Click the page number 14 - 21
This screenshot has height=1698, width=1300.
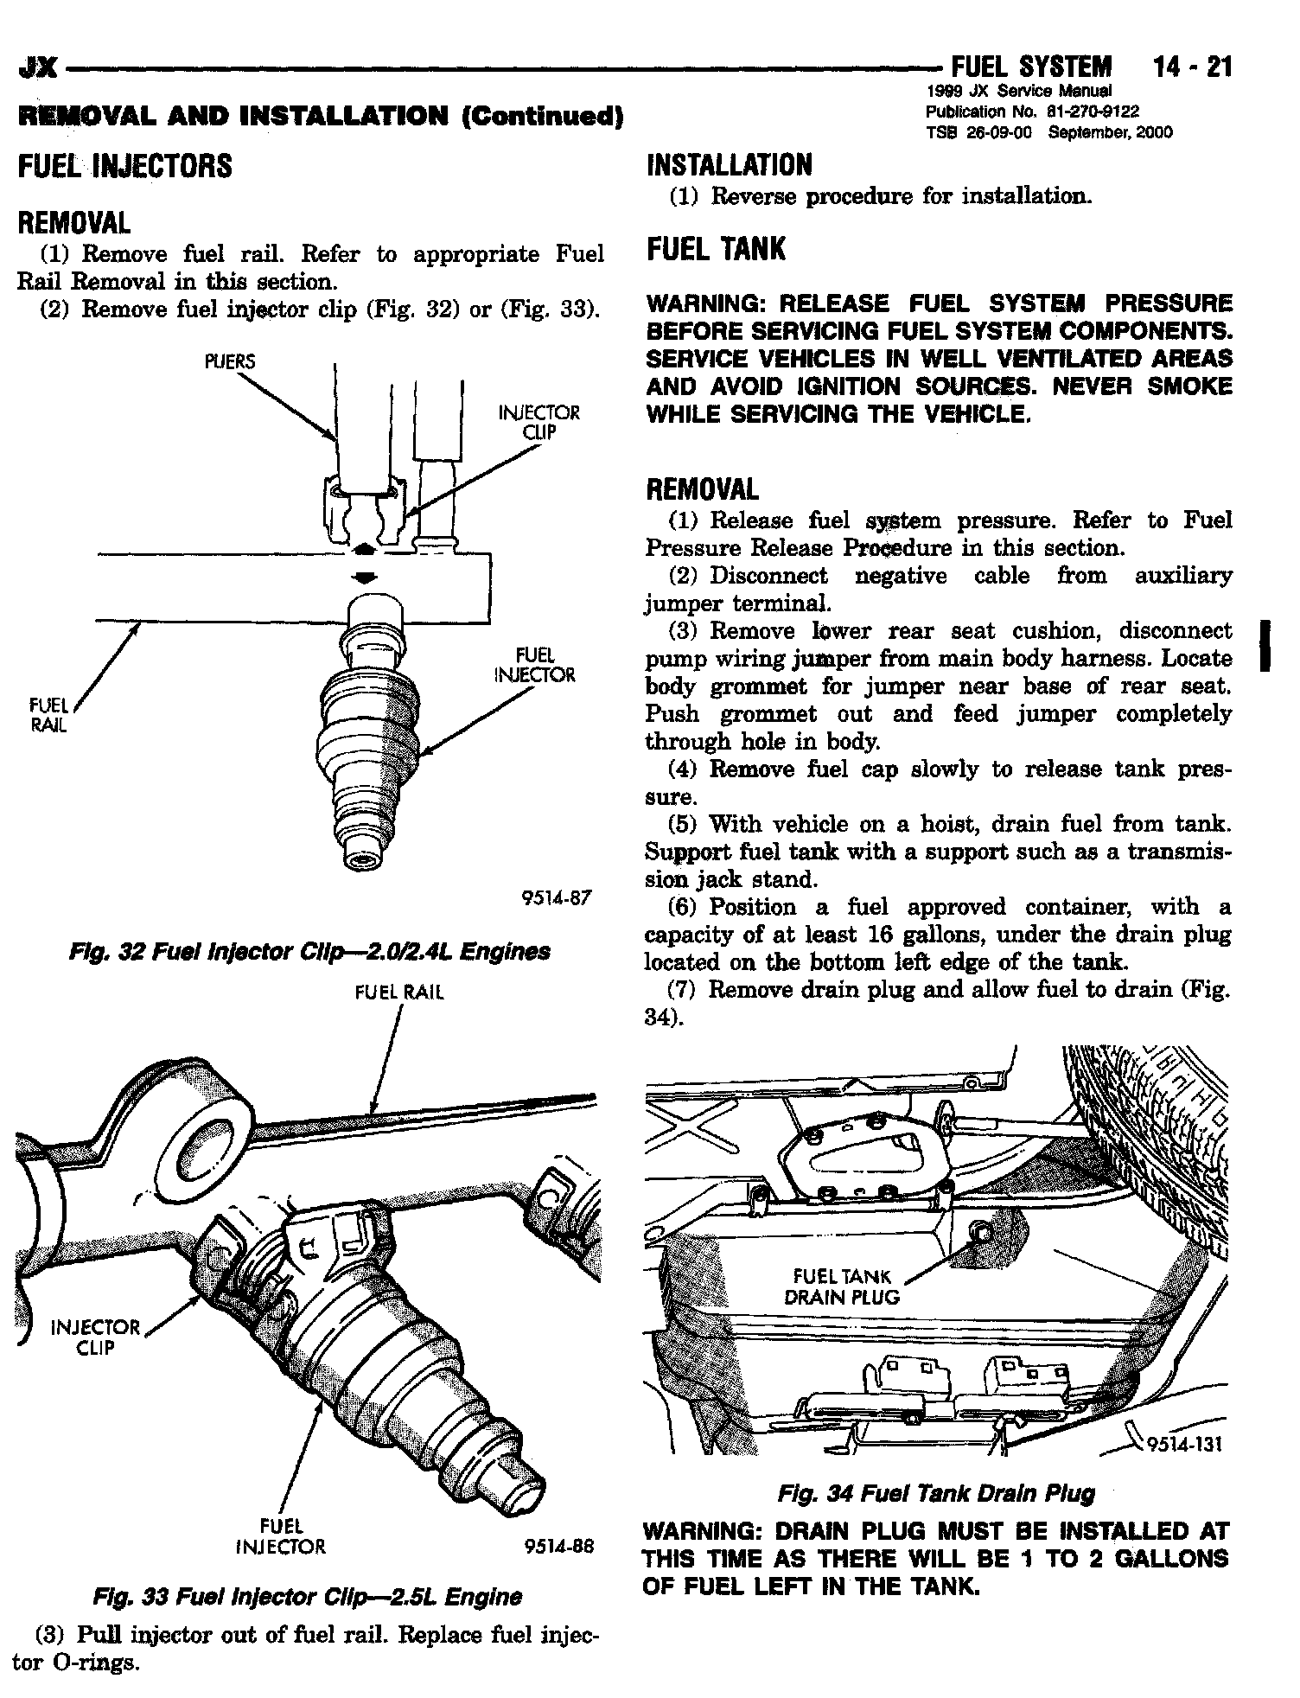[1191, 67]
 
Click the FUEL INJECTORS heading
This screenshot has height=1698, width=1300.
[124, 165]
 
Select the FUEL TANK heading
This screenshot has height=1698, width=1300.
[717, 249]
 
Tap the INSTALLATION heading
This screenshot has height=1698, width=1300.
[730, 164]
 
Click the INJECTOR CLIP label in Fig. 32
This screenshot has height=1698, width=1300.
[538, 423]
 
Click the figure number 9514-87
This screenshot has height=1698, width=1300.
[558, 897]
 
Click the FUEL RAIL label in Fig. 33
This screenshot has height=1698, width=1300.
[399, 993]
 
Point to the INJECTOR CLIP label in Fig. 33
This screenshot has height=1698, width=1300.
[95, 1337]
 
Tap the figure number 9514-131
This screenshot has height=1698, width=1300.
[1182, 1445]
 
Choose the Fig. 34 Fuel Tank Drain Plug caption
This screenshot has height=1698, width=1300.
[936, 1494]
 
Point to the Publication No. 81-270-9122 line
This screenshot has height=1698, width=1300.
[1032, 112]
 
